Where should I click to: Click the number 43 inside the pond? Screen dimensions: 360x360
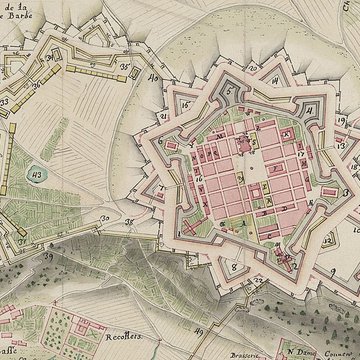click(x=38, y=175)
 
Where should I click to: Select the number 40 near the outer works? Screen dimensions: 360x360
click(x=154, y=76)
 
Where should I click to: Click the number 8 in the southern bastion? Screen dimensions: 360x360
click(x=232, y=267)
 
